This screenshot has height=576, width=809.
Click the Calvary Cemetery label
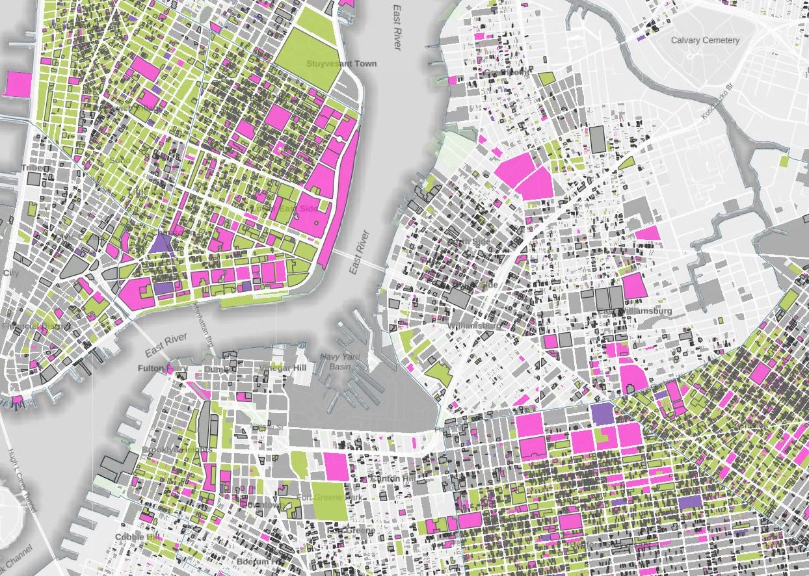[705, 40]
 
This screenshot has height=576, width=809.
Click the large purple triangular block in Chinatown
[159, 244]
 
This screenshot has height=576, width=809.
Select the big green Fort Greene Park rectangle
[330, 500]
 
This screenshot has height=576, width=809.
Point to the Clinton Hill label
[391, 479]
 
